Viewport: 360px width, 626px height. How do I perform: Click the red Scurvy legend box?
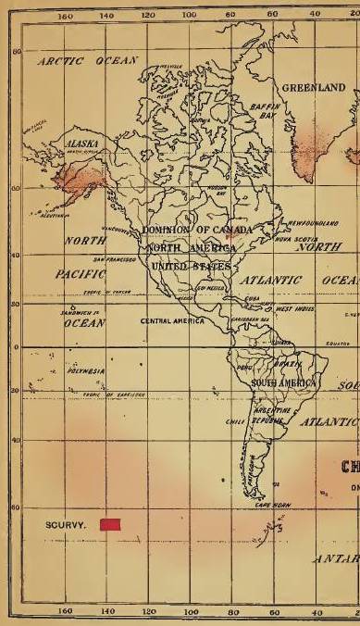point(111,525)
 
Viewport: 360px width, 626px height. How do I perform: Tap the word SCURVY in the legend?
point(66,525)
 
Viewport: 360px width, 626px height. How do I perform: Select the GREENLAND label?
point(313,88)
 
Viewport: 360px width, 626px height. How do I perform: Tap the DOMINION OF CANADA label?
point(188,230)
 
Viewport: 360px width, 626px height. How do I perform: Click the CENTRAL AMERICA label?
point(171,320)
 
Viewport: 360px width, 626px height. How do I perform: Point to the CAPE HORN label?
point(272,506)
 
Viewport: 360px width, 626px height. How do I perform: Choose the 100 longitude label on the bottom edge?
point(191,612)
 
